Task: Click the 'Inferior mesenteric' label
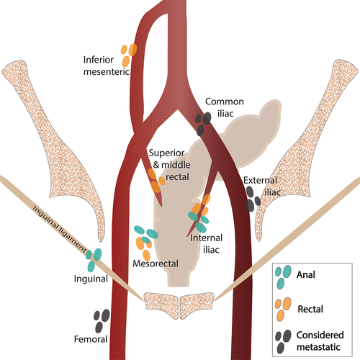[x=107, y=66]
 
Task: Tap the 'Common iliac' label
[x=225, y=107]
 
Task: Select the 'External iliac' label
[x=262, y=186]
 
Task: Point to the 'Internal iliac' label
[x=207, y=244]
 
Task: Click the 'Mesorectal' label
[x=156, y=264]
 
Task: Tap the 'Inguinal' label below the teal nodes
[x=91, y=279]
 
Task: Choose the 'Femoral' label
[x=91, y=339]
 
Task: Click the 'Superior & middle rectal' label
[x=169, y=165]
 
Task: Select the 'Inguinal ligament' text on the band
[x=60, y=229]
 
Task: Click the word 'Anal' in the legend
[x=306, y=274]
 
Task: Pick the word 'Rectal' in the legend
[x=310, y=309]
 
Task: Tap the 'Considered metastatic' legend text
[x=320, y=341]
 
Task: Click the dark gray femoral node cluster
[x=102, y=321]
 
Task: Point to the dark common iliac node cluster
[x=203, y=124]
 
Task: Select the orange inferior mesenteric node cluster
[x=128, y=55]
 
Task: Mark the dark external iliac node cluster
[x=253, y=199]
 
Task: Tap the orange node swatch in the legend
[x=283, y=309]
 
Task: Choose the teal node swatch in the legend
[x=283, y=277]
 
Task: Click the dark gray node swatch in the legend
[x=283, y=341]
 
